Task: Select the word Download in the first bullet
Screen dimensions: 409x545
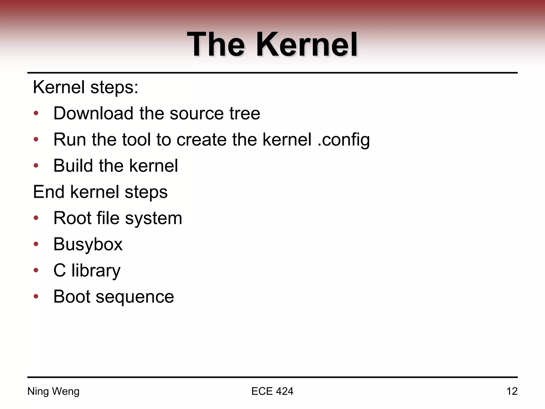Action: (93, 113)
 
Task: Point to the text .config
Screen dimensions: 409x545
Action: (344, 140)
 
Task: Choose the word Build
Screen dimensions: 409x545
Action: (73, 166)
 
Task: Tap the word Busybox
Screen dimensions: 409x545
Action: (88, 244)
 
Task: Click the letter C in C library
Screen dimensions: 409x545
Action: (60, 270)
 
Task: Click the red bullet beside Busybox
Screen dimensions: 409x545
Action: (36, 244)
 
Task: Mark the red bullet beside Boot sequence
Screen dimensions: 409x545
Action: (36, 296)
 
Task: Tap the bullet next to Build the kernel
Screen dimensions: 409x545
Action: (36, 166)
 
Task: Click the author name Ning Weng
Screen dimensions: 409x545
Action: (53, 391)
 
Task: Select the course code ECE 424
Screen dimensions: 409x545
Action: (272, 391)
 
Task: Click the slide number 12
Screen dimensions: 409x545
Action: (512, 391)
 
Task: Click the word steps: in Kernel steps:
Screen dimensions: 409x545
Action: (114, 87)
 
